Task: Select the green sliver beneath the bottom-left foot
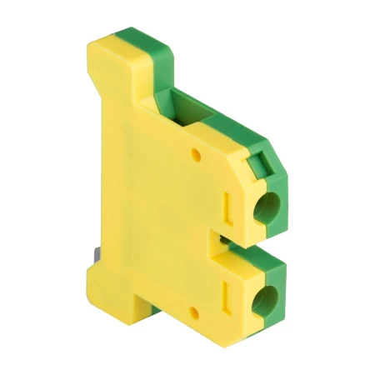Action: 155,309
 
